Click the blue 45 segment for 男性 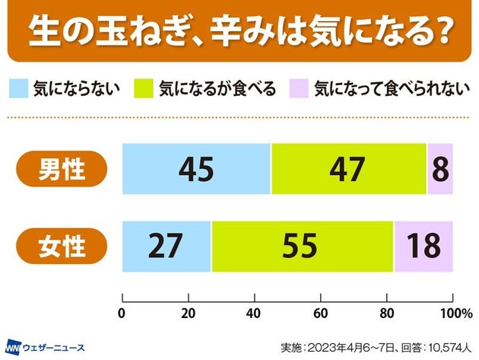click(196, 168)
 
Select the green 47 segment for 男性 click(348, 168)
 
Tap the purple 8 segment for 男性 click(439, 168)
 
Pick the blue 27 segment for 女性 click(167, 247)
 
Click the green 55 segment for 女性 click(303, 247)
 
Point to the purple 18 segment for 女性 click(423, 247)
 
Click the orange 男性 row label click(62, 169)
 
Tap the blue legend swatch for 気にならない click(18, 88)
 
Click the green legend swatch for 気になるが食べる click(144, 88)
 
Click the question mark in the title click(436, 33)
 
